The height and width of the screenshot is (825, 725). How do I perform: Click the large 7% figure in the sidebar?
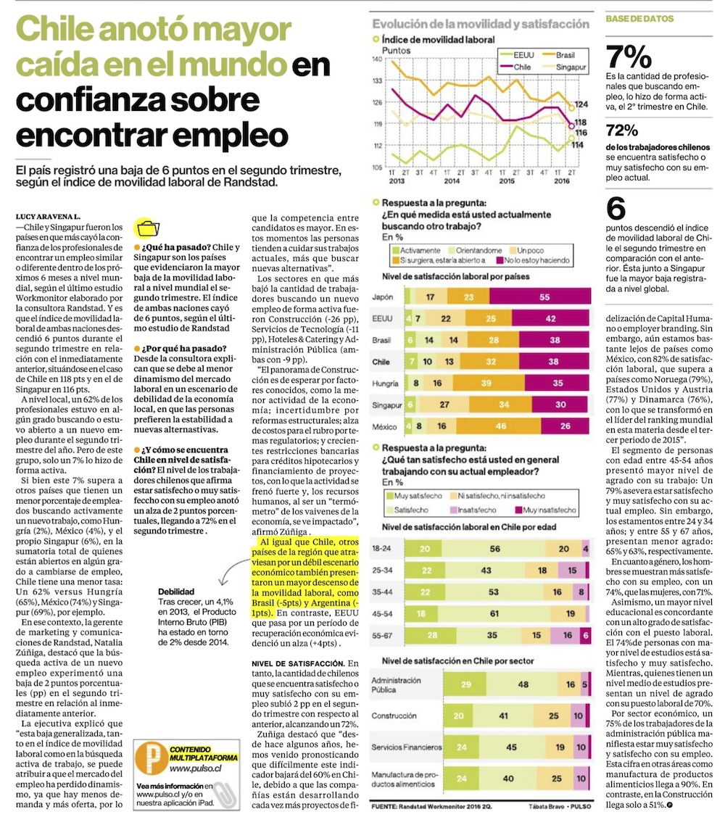(629, 56)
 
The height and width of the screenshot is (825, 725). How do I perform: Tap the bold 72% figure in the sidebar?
(622, 131)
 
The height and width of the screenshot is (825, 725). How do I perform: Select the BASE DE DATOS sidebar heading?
(635, 17)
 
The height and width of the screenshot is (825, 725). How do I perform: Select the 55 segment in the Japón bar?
(544, 297)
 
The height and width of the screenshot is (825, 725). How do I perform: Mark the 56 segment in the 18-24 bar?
(494, 549)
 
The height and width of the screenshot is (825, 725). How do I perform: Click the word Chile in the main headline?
(58, 30)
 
